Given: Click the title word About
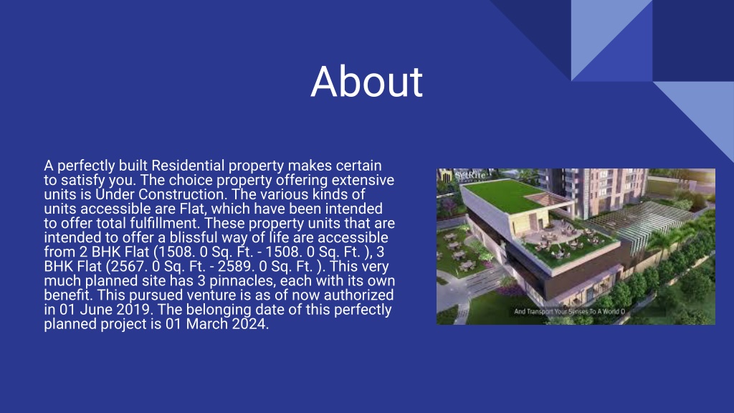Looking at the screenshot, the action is coord(366,82).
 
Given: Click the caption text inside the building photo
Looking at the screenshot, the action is coord(570,311).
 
